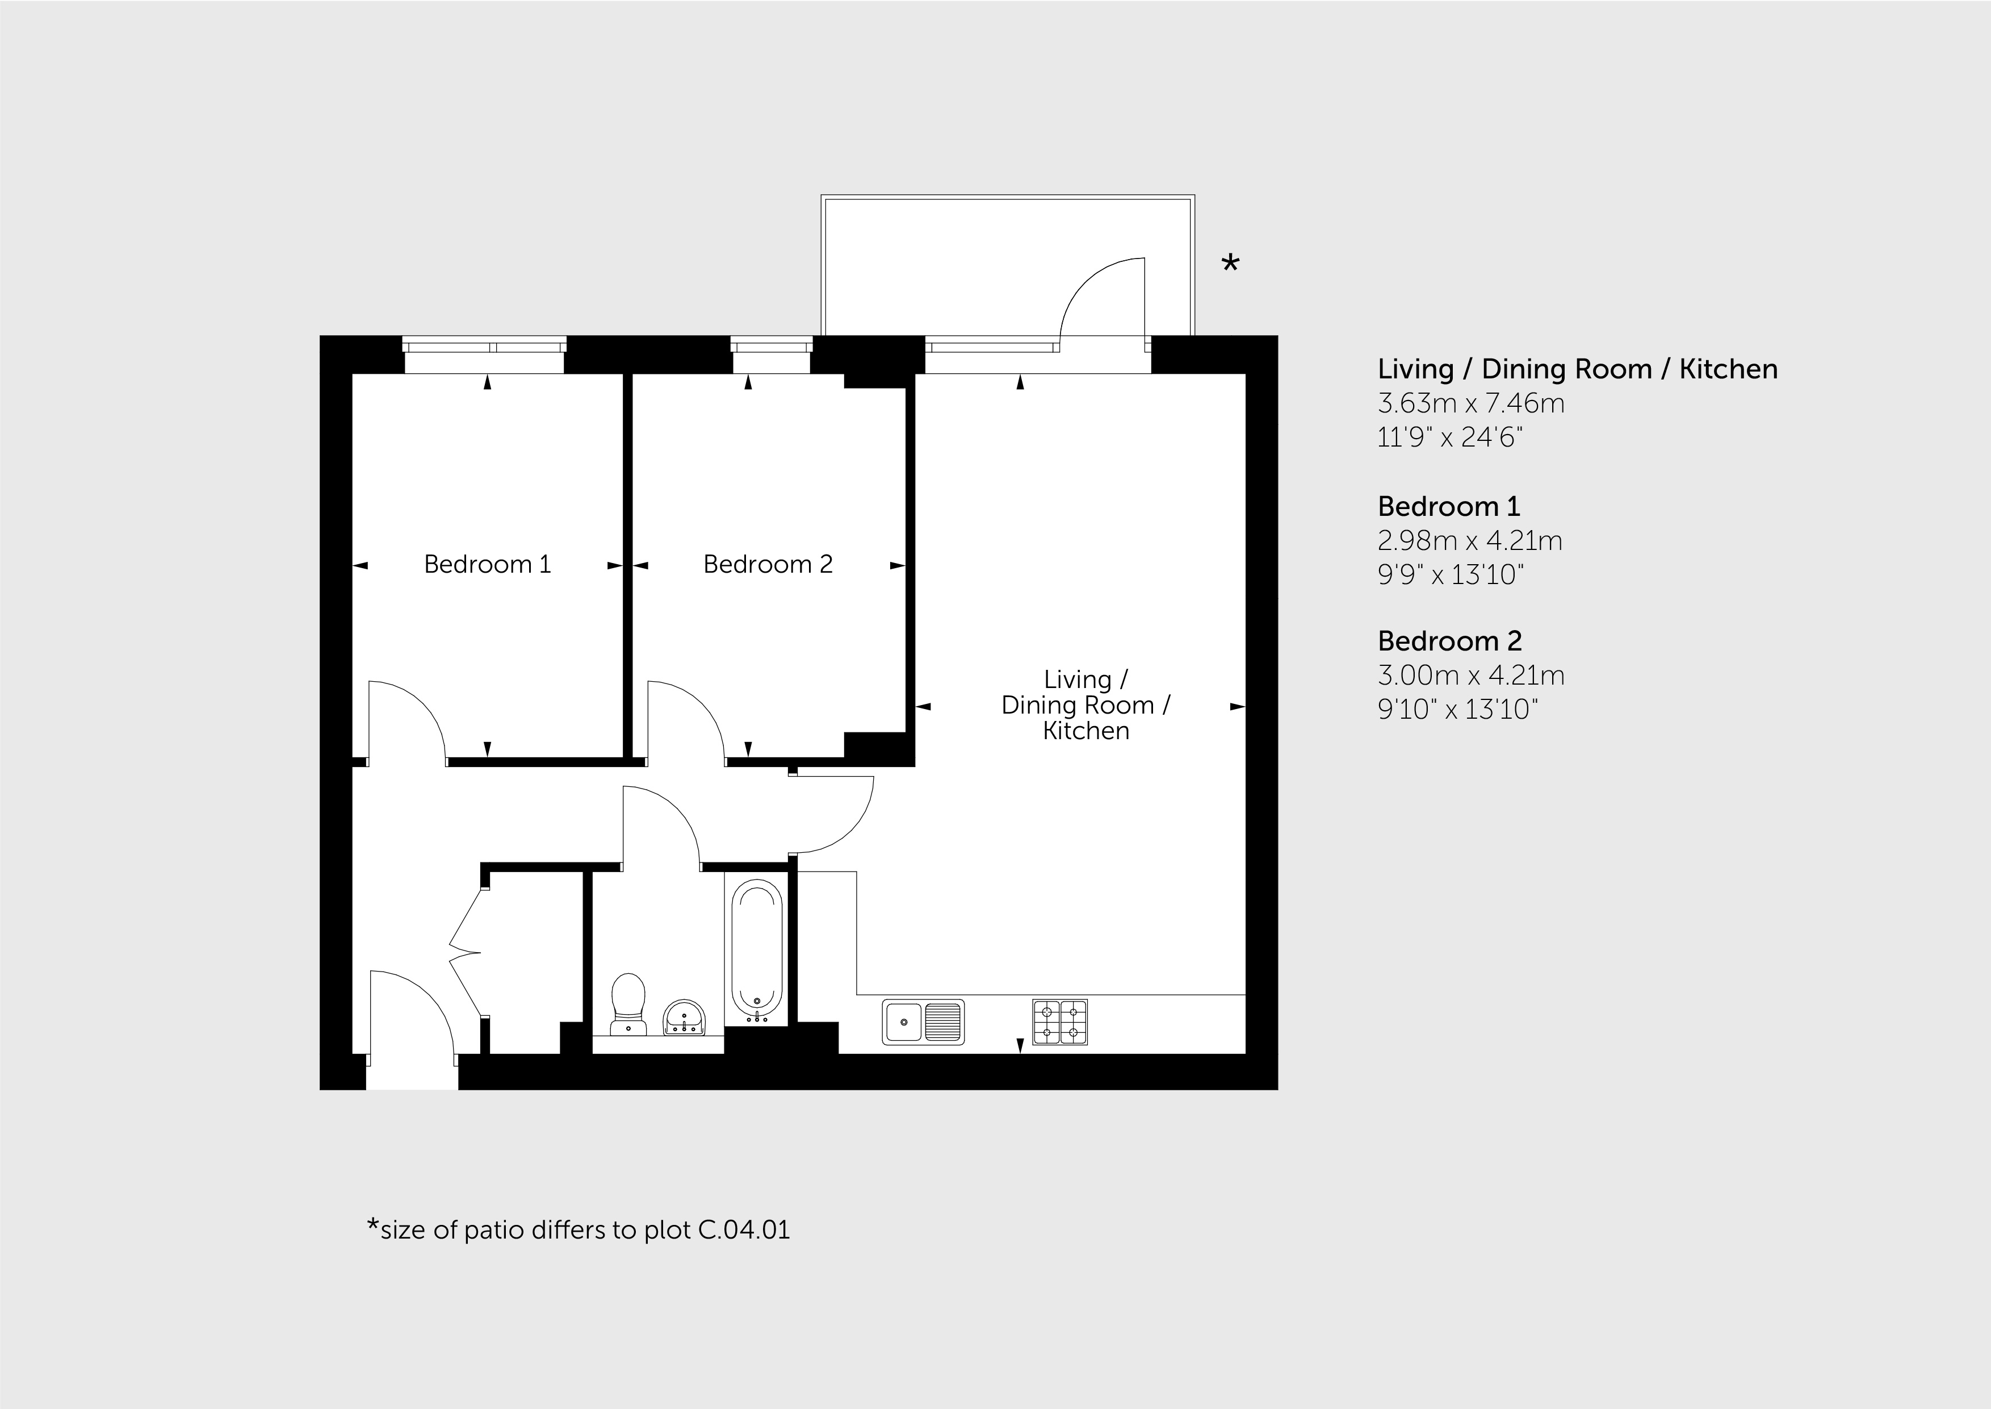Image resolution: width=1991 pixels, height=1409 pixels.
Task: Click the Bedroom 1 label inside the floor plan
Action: [487, 564]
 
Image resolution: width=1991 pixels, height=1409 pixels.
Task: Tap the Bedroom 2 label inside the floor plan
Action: [768, 564]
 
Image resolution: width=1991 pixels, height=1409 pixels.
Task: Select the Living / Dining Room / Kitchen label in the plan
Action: [1085, 704]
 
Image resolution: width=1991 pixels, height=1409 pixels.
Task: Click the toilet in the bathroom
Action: [628, 1004]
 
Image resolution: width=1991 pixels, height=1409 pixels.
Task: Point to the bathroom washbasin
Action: [685, 1018]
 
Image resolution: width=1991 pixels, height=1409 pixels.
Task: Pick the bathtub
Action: [757, 951]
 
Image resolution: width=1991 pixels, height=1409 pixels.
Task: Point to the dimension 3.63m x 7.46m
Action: [1471, 403]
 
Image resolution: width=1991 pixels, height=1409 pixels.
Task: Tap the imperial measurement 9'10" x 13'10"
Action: [1458, 710]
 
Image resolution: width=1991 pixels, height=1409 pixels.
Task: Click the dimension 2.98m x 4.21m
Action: [1470, 540]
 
